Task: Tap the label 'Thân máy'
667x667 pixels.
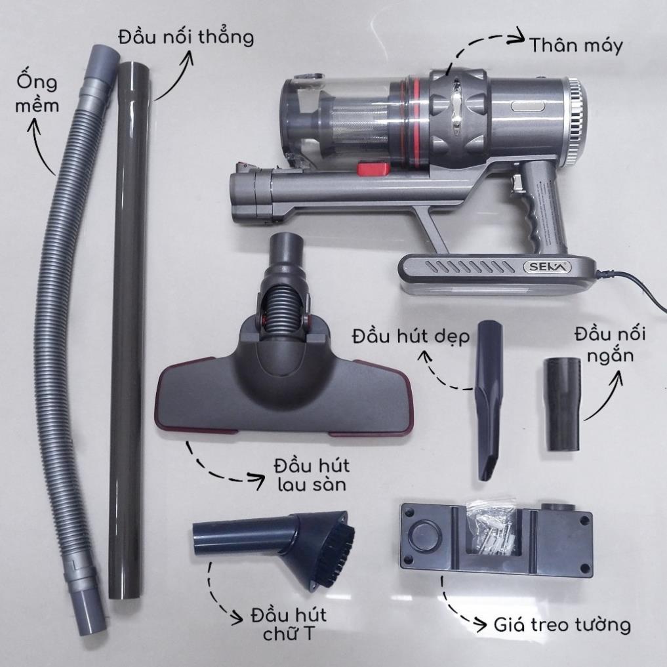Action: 576,46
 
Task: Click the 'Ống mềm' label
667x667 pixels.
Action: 37,93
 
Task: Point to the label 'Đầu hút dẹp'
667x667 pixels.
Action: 411,336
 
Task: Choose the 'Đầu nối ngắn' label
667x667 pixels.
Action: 610,344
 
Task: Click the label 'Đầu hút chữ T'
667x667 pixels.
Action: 289,624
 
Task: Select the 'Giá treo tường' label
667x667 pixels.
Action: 562,625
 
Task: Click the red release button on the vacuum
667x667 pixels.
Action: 373,168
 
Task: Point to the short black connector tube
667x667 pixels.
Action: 561,404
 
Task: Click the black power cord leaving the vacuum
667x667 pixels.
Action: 634,290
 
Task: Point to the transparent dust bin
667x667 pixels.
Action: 336,119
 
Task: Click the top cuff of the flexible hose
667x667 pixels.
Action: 104,62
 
